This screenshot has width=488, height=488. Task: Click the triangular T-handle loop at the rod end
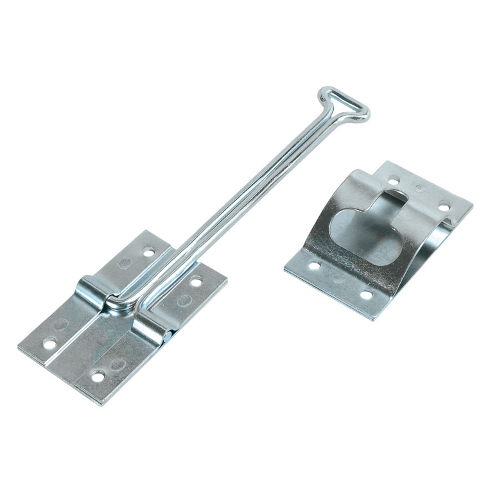coord(344,107)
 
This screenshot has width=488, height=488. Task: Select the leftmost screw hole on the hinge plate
coord(49,344)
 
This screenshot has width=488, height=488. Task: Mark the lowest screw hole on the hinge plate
coord(98,376)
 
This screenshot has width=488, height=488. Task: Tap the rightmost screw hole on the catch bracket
coord(444,206)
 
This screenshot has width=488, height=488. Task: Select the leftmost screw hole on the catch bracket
coord(314,265)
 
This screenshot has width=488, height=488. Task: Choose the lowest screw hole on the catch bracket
coord(367,295)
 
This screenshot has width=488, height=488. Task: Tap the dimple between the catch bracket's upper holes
coord(419,189)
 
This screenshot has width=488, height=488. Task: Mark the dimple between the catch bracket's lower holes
coord(338,280)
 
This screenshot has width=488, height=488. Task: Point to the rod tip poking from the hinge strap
coord(169,335)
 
